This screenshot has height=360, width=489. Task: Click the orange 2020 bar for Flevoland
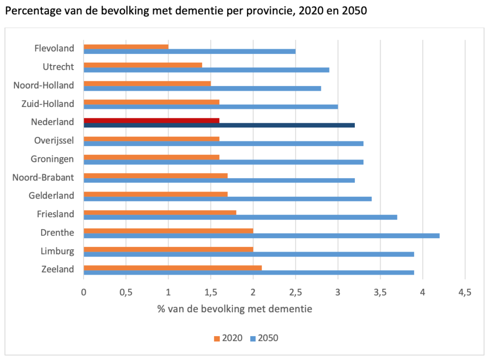tap(126, 46)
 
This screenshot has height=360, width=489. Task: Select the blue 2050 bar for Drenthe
tap(261, 235)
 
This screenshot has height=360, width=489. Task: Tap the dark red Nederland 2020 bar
tap(151, 120)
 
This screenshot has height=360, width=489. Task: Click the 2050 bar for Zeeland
tap(249, 272)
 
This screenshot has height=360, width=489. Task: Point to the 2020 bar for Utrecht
tap(143, 64)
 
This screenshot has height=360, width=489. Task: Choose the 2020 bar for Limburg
tap(168, 249)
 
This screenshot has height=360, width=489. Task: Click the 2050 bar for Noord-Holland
tap(202, 88)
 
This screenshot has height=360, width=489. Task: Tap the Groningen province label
tap(53, 159)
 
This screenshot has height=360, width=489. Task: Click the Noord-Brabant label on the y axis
tap(44, 177)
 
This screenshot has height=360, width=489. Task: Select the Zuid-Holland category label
tap(48, 104)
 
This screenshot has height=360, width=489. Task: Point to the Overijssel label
tap(54, 140)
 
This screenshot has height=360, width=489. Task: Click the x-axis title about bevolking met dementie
tap(234, 308)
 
